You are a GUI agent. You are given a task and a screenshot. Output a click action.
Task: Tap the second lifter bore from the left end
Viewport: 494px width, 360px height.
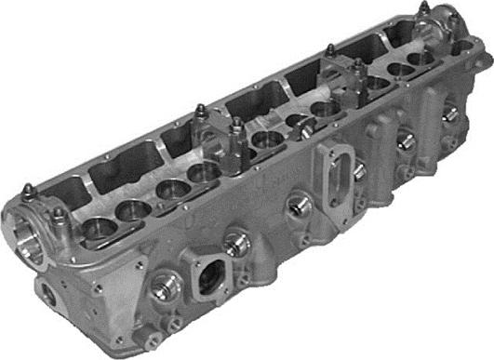click(x=131, y=208)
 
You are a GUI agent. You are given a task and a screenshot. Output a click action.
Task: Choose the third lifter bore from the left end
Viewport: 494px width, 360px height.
click(x=167, y=190)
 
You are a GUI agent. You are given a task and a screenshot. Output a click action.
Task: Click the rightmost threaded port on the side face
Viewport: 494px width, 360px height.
click(x=448, y=114)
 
